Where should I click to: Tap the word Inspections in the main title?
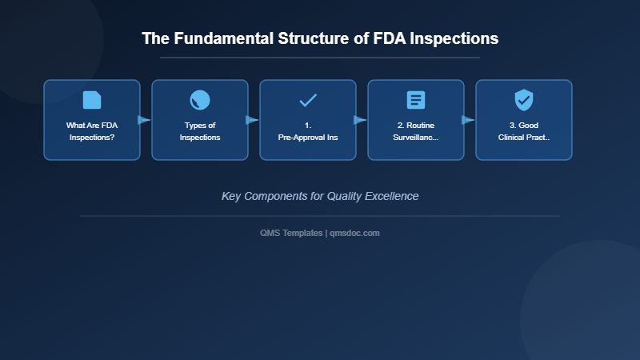[454, 38]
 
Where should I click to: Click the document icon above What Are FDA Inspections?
[92, 100]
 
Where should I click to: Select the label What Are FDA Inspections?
[92, 131]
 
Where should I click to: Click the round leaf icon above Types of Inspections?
[200, 100]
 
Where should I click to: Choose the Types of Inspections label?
[200, 131]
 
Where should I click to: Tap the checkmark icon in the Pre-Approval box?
[308, 100]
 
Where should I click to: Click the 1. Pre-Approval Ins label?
[308, 131]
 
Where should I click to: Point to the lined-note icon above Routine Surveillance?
[416, 100]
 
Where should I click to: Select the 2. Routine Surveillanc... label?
[416, 131]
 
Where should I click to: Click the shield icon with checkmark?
[524, 100]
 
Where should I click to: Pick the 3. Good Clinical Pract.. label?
[524, 131]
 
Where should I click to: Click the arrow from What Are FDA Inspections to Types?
[145, 120]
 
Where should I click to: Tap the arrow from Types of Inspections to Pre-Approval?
[253, 120]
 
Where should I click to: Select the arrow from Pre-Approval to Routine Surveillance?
[361, 120]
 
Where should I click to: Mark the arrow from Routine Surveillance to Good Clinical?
[469, 120]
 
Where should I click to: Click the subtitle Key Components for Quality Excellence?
[320, 196]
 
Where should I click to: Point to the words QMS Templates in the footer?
[291, 233]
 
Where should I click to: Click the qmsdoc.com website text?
[354, 233]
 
